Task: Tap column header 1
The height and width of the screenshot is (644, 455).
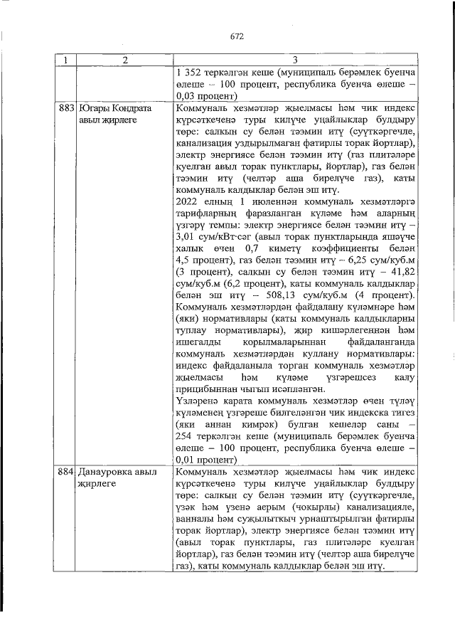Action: tap(65, 60)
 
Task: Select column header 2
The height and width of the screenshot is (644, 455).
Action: tap(124, 60)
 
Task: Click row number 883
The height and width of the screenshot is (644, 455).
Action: tap(66, 110)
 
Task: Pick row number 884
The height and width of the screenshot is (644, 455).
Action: tap(66, 473)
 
